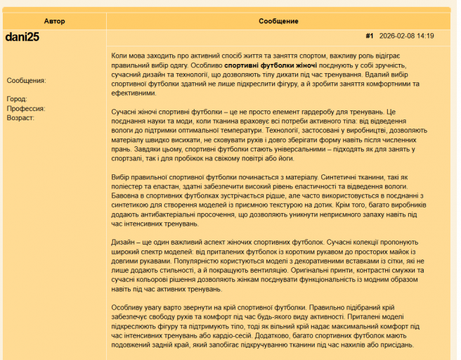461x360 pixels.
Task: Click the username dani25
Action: pyautogui.click(x=22, y=37)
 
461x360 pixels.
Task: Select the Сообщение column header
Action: pyautogui.click(x=278, y=21)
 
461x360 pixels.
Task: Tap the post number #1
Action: pyautogui.click(x=370, y=36)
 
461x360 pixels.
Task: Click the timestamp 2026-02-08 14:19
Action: pyautogui.click(x=406, y=36)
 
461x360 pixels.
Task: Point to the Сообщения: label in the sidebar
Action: pyautogui.click(x=26, y=80)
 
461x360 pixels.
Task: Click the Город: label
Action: pyautogui.click(x=16, y=99)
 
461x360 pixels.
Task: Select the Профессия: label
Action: pyautogui.click(x=26, y=108)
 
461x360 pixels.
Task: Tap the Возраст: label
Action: pyautogui.click(x=20, y=117)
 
